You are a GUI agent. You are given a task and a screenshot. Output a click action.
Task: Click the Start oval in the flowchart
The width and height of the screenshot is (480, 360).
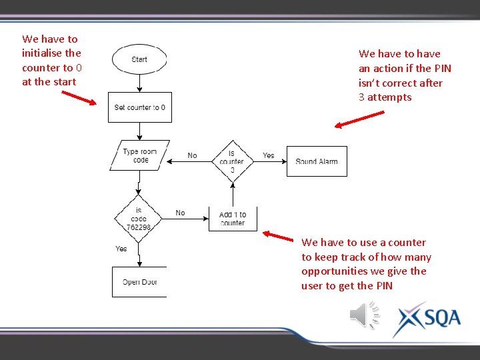139,60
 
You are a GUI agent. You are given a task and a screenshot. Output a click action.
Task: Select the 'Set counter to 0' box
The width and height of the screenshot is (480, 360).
140,107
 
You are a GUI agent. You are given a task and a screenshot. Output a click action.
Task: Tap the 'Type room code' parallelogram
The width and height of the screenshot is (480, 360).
140,155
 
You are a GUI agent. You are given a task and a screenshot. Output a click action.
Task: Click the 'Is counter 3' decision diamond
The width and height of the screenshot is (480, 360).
232,161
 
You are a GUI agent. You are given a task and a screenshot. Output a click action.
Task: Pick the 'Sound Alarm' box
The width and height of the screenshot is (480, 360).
317,161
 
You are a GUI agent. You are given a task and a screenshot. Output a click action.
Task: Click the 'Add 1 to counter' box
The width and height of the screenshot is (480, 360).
233,219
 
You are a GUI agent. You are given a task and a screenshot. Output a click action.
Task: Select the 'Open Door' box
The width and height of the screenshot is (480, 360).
139,282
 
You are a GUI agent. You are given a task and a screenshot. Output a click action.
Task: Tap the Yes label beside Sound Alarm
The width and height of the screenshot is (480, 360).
269,155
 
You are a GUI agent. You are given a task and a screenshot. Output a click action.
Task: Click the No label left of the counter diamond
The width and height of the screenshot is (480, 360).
192,155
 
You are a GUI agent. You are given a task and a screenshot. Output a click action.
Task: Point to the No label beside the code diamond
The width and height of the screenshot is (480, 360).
180,213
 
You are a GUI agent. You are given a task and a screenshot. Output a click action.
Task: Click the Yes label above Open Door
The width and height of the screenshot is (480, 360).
121,249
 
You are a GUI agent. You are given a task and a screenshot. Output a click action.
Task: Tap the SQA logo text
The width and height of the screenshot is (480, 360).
441,317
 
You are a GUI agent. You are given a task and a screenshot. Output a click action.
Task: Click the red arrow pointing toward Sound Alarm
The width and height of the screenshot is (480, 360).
360,118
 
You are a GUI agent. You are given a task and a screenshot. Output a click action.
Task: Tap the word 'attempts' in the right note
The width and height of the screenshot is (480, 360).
389,97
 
